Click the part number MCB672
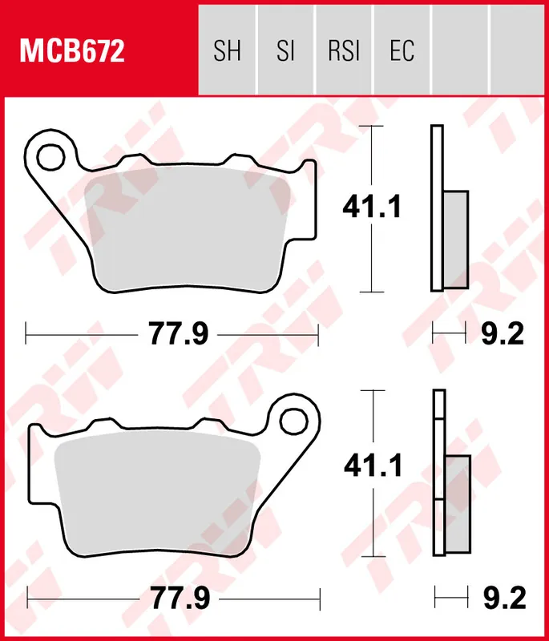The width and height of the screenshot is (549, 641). (x=72, y=52)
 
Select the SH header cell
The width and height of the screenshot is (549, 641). (x=227, y=52)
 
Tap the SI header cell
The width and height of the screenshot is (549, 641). (x=285, y=52)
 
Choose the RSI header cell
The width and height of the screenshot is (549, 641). (x=344, y=52)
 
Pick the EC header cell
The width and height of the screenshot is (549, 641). (x=402, y=52)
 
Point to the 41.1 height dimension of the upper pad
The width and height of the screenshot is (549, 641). (x=371, y=208)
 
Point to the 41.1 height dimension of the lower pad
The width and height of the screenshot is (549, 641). (x=371, y=466)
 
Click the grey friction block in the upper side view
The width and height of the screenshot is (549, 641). (x=455, y=239)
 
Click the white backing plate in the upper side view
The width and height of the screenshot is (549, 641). (x=437, y=160)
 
